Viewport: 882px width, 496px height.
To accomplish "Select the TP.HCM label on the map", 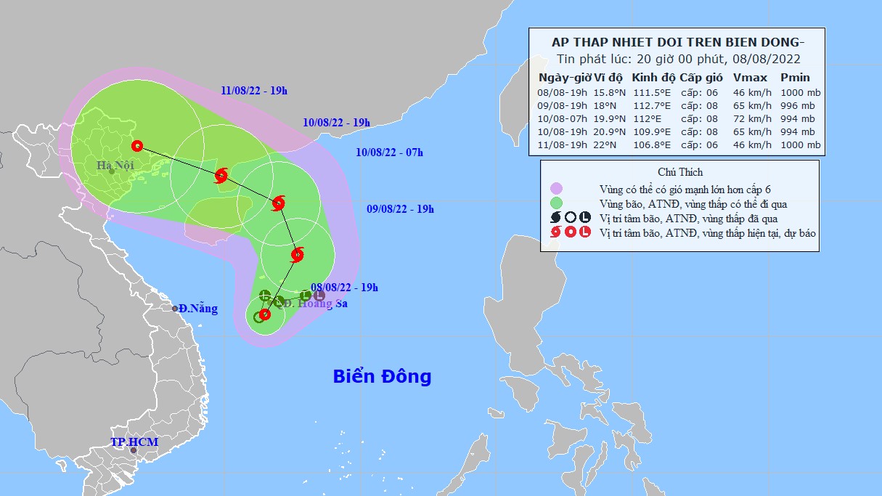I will coord(134,442).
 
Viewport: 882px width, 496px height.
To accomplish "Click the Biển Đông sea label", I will coord(382,376).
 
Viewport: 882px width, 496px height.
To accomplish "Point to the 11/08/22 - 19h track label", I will coord(254,91).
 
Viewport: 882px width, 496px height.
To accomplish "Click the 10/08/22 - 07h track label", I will coord(390,152).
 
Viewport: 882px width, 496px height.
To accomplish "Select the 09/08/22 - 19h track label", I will coord(400,209).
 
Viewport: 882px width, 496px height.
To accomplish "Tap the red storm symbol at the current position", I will coord(265,314).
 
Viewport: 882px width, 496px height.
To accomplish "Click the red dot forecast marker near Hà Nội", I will coord(137,145).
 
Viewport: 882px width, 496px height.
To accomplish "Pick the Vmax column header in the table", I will coord(750,78).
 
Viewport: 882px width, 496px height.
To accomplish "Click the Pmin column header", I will coord(795,78).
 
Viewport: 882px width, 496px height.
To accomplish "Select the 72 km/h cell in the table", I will coord(750,118).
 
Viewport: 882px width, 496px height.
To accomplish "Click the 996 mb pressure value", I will coord(797,105).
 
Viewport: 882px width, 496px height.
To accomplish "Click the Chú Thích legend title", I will coord(679,171).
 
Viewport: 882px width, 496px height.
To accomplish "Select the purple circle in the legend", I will coord(557,189).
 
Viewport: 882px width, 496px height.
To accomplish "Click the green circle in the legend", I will coord(557,203).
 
